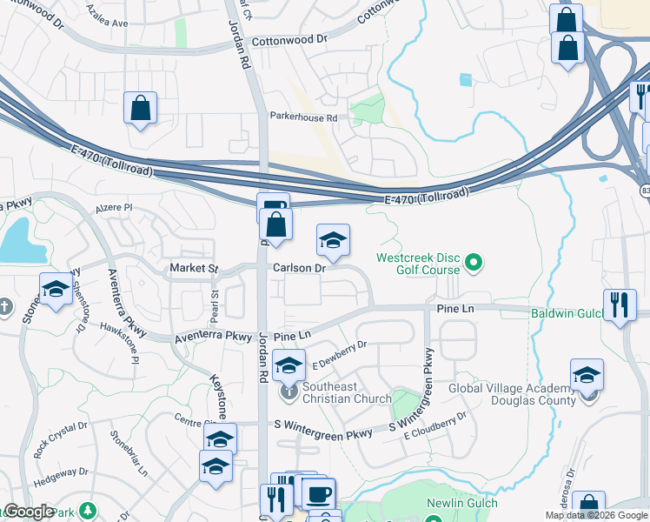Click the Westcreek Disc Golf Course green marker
(x=474, y=261)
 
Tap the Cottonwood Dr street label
(x=289, y=41)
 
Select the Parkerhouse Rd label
(x=302, y=117)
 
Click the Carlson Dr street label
(x=299, y=269)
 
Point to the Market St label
(x=194, y=269)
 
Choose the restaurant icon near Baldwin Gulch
(x=620, y=305)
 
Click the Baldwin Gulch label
(x=568, y=312)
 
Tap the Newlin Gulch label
(x=461, y=504)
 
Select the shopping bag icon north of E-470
(x=140, y=110)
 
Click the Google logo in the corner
(x=29, y=512)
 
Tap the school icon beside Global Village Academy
(x=587, y=376)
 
